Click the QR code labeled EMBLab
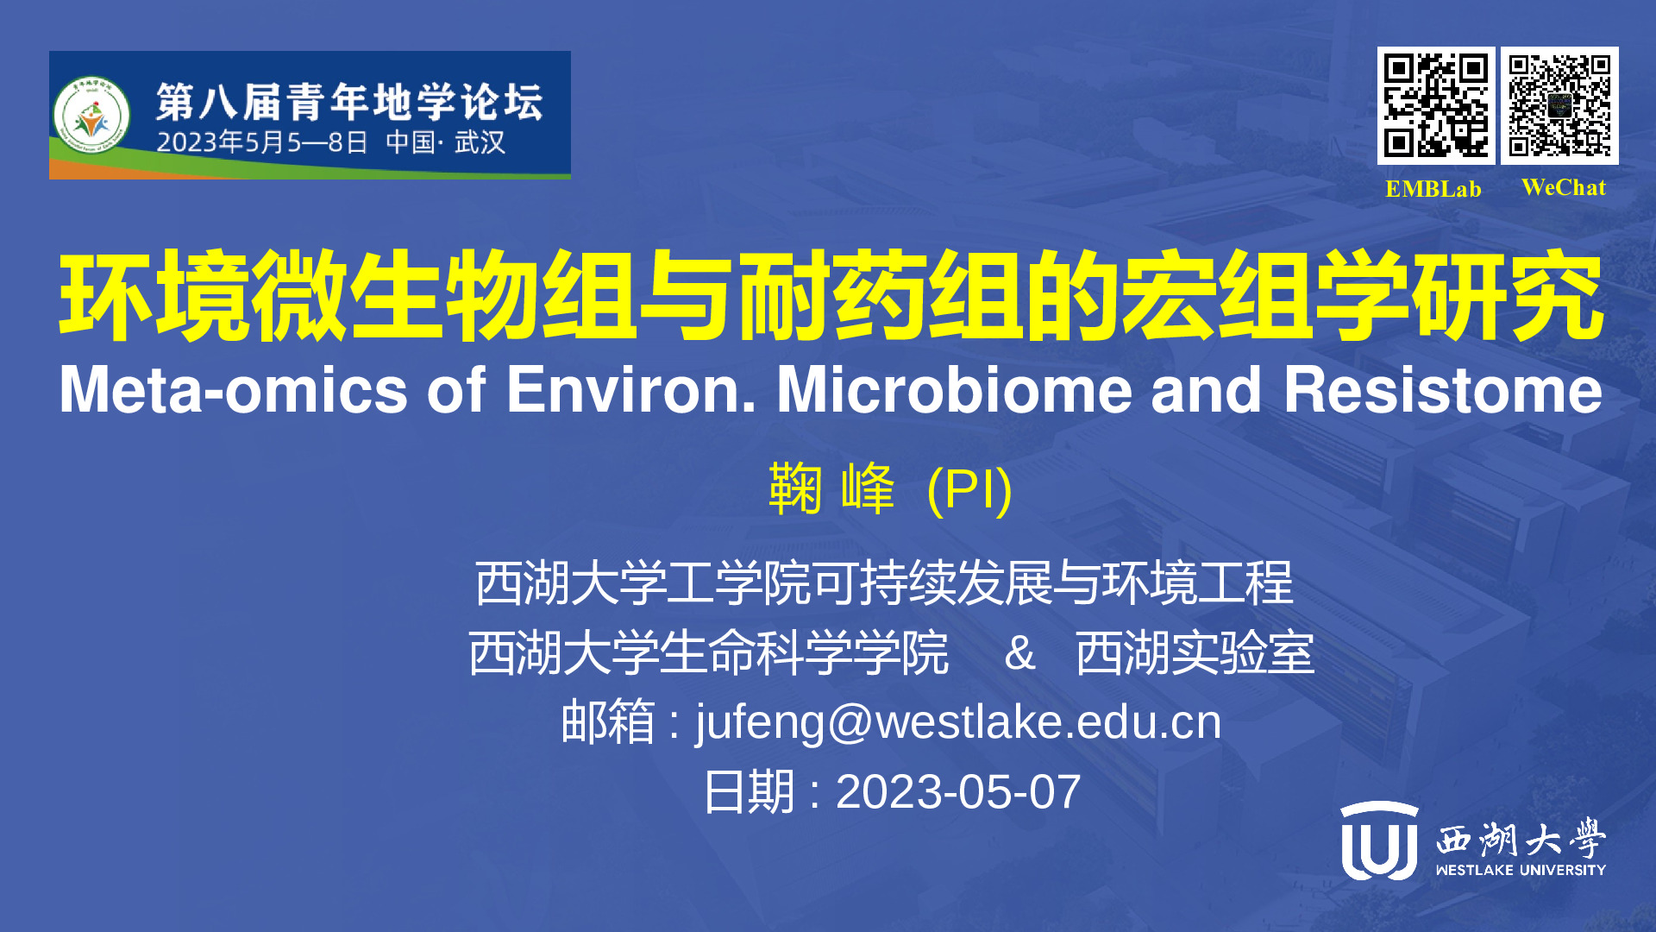point(1436,105)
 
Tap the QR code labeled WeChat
point(1559,105)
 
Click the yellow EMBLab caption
point(1433,189)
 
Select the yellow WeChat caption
point(1564,187)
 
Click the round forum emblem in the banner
point(91,116)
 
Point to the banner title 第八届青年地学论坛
point(349,103)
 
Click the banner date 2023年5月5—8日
point(262,142)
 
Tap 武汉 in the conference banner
point(480,142)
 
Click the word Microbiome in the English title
point(955,390)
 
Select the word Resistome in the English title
point(1443,390)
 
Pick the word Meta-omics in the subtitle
point(233,390)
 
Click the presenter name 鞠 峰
point(831,488)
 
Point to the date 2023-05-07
point(958,791)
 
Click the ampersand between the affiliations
point(1019,653)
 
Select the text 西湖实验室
point(1195,653)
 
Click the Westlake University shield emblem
point(1379,840)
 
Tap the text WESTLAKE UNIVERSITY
point(1521,870)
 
